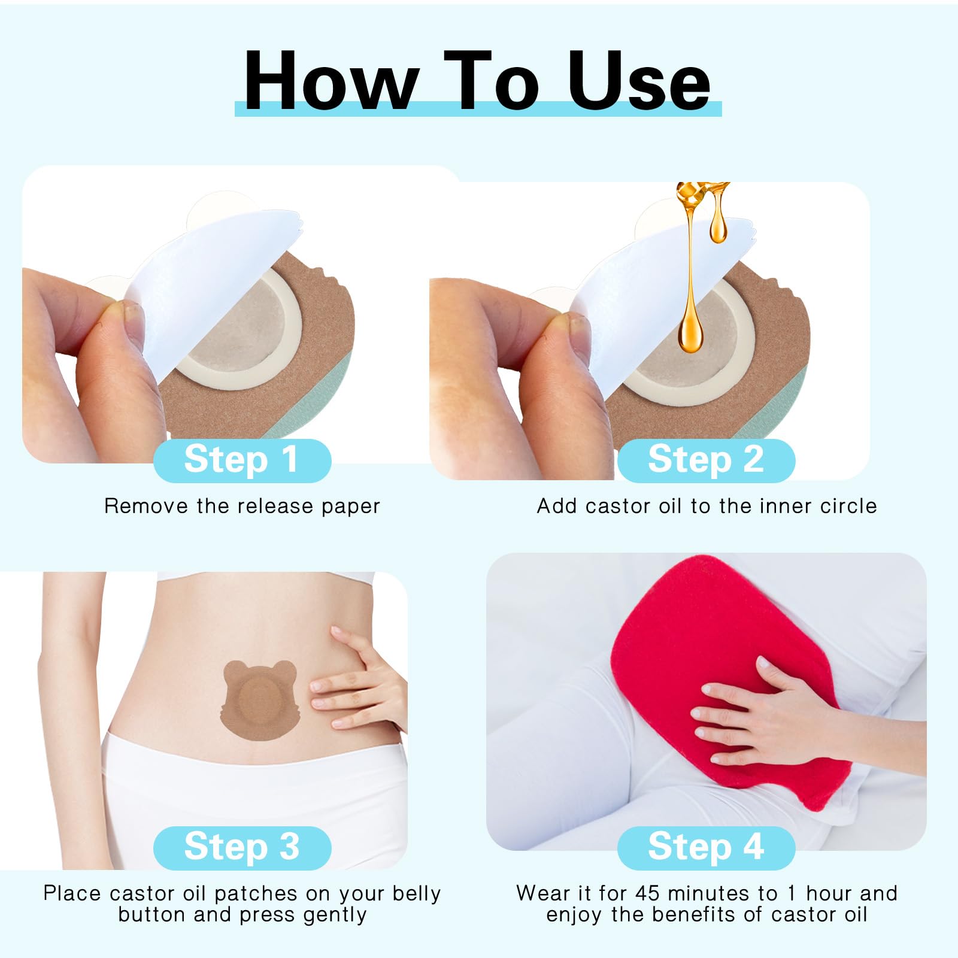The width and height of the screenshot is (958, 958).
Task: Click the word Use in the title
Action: [639, 81]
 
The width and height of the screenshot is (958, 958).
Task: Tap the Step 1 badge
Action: [242, 460]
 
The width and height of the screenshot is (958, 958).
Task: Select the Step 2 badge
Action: [706, 460]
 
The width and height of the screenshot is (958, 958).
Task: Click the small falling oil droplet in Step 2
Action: [718, 225]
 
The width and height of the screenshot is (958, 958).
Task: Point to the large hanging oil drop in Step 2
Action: [690, 323]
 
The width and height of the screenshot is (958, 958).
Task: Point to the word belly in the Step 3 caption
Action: [417, 894]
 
